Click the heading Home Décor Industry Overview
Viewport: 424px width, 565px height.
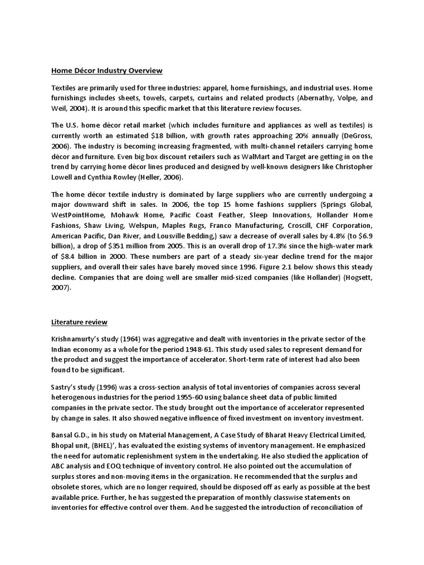click(107, 71)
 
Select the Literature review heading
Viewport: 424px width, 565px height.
click(79, 322)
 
